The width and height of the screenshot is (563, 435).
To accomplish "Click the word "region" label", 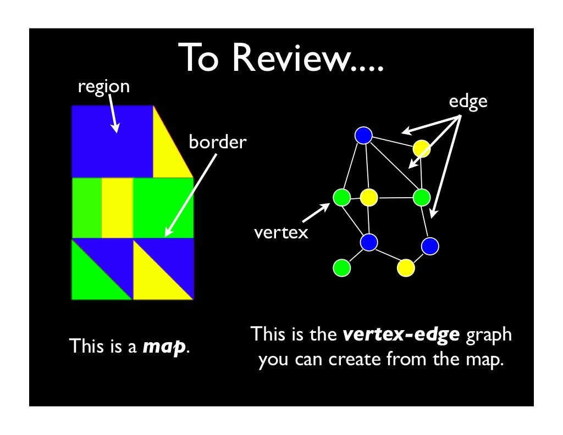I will click(103, 87).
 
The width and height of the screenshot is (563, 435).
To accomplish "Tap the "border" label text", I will click(218, 143).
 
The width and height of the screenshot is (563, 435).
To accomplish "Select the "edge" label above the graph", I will click(468, 102).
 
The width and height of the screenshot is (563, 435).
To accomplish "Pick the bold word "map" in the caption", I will click(163, 347).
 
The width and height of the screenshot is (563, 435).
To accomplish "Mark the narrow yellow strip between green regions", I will click(117, 207).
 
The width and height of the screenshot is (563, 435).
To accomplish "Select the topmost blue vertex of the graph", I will click(363, 135).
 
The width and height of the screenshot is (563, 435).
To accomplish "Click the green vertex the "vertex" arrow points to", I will click(341, 197).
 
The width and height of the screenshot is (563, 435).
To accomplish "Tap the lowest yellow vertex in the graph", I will click(406, 267).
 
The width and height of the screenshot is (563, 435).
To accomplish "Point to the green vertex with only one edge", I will click(341, 267).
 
